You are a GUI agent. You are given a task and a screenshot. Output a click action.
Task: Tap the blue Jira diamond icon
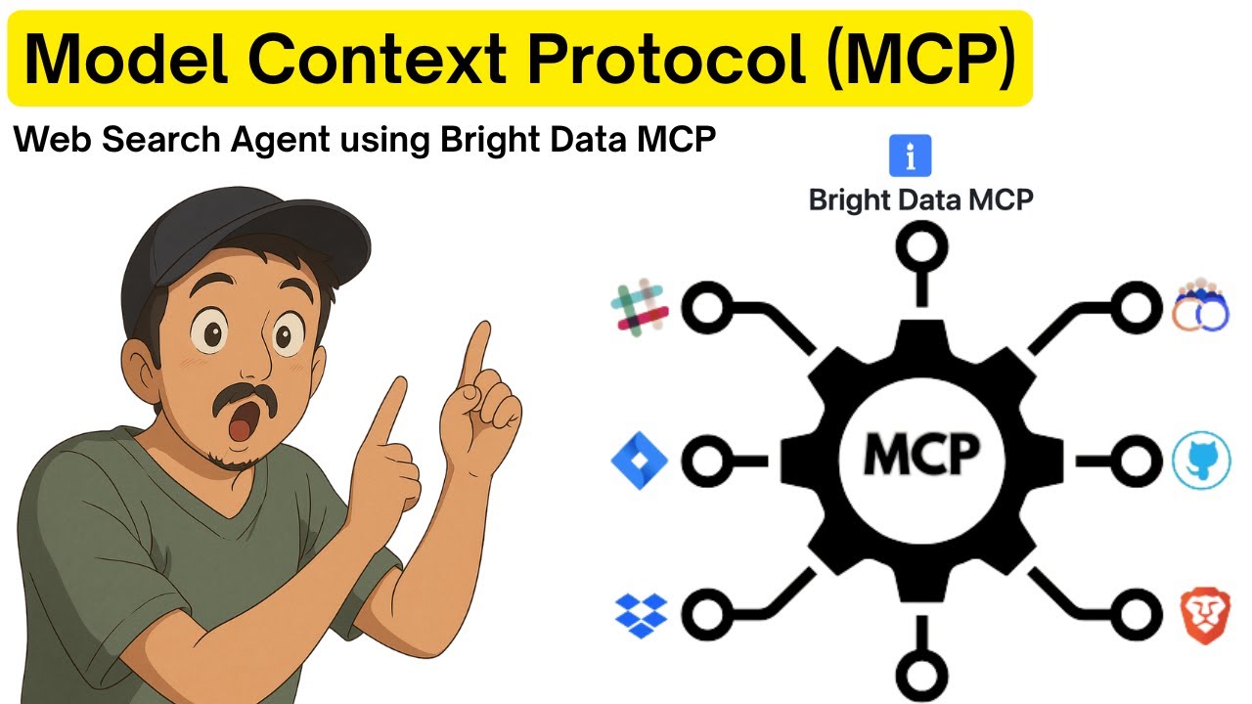(639, 460)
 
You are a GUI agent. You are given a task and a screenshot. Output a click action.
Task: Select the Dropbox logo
(641, 613)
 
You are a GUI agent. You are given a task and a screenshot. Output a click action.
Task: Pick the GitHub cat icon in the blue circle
(1200, 462)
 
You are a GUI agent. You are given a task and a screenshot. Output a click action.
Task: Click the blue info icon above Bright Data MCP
(911, 155)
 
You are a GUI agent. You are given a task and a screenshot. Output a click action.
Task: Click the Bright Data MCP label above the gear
(920, 200)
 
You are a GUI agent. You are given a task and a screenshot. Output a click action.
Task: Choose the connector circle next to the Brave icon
(1134, 613)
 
